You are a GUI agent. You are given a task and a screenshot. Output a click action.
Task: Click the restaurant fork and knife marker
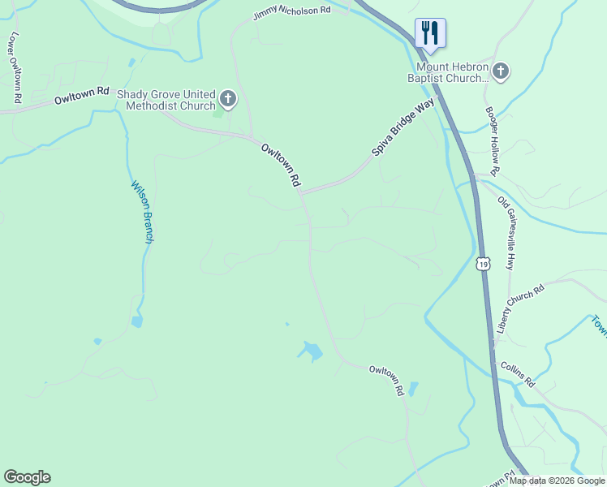pyautogui.click(x=430, y=32)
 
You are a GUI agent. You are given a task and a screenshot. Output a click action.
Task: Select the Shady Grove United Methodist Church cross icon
pyautogui.click(x=228, y=100)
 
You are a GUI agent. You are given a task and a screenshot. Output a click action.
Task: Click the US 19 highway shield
pyautogui.click(x=484, y=264)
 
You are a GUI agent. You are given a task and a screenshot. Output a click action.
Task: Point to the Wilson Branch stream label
pyautogui.click(x=143, y=212)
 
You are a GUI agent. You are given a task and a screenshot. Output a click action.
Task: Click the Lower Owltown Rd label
pyautogui.click(x=15, y=68)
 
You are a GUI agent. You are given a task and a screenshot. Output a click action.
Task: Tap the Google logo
pyautogui.click(x=27, y=477)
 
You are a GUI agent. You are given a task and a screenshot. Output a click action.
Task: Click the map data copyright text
pyautogui.click(x=557, y=481)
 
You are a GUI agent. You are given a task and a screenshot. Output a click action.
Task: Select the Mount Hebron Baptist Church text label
pyautogui.click(x=449, y=72)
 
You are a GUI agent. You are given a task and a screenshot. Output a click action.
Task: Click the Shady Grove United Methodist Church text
pyautogui.click(x=166, y=100)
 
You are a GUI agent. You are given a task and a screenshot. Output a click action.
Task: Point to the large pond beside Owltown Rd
pyautogui.click(x=309, y=351)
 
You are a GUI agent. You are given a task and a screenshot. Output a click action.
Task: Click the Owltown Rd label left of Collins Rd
pyautogui.click(x=386, y=380)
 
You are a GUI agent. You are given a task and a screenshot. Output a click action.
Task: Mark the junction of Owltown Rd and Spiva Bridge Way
pyautogui.click(x=301, y=193)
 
